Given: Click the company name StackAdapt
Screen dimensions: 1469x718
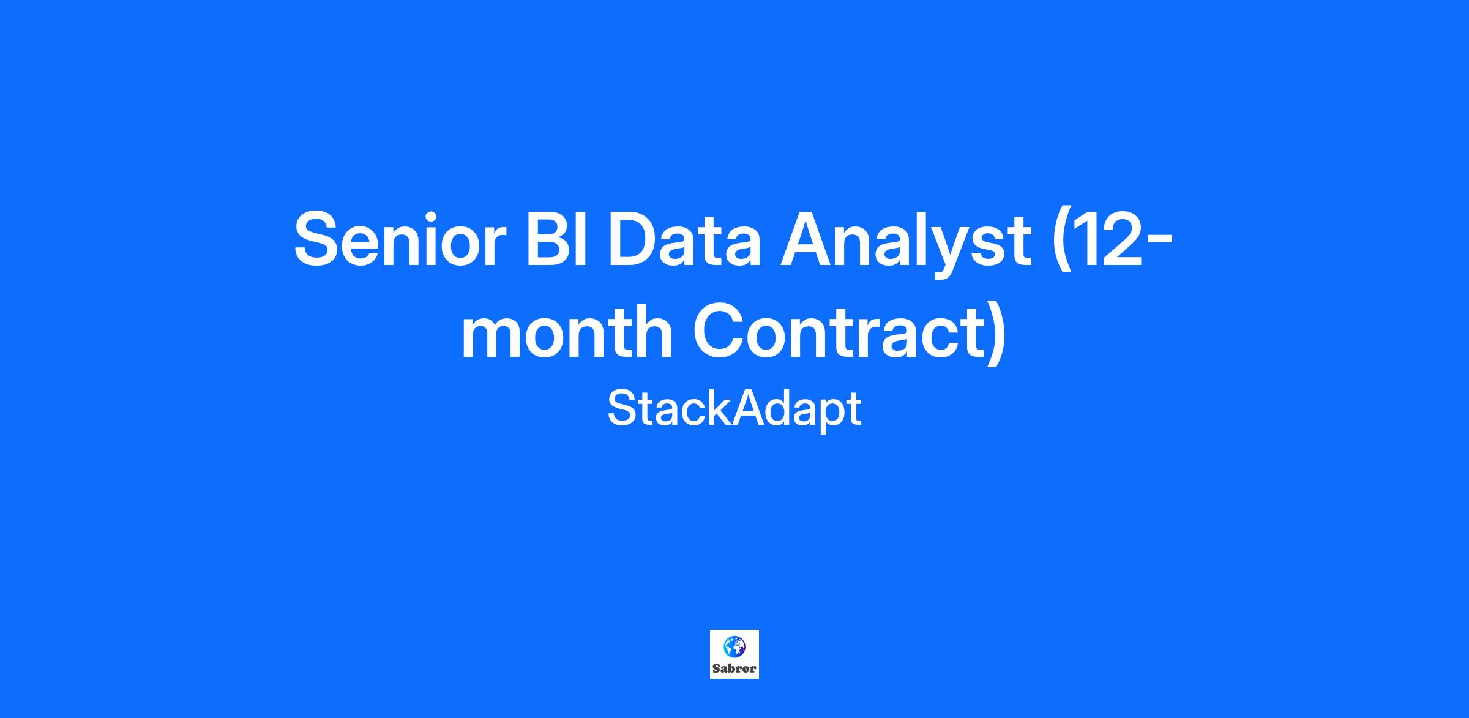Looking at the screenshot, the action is pos(734,409).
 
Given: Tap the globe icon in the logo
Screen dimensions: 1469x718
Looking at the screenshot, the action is pos(734,646).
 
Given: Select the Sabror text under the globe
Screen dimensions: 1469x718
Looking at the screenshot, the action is pos(734,668).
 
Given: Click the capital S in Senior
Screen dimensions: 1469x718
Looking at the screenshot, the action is pos(318,239).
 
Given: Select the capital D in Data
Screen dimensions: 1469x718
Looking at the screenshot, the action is pos(634,239).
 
